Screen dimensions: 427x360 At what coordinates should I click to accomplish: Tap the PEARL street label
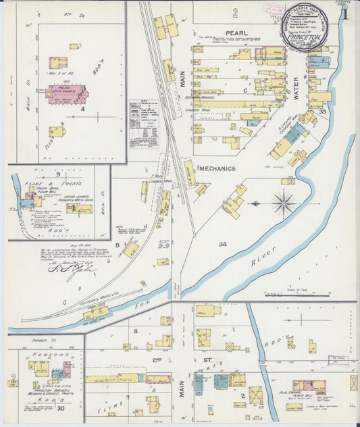pyautogui.click(x=236, y=32)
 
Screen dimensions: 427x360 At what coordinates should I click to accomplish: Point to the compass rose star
pyautogui.click(x=284, y=203)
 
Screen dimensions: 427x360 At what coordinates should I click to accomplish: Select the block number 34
pyautogui.click(x=223, y=243)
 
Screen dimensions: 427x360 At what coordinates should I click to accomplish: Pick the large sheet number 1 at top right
pyautogui.click(x=345, y=14)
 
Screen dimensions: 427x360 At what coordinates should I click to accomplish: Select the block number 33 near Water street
pyautogui.click(x=323, y=111)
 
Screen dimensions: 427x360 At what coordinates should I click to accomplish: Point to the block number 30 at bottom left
pyautogui.click(x=61, y=409)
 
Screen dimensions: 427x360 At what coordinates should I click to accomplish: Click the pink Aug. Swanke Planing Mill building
pyautogui.click(x=308, y=386)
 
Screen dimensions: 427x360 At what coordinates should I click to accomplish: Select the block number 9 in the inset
pyautogui.click(x=59, y=174)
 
